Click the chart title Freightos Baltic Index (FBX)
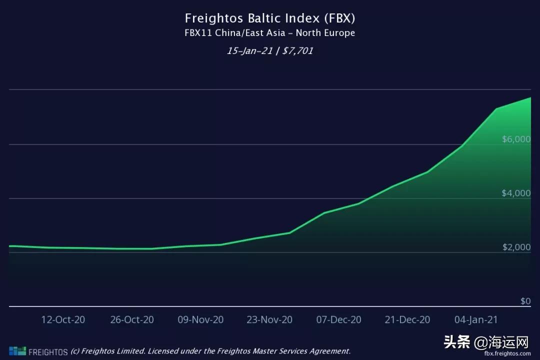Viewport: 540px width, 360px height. (270, 18)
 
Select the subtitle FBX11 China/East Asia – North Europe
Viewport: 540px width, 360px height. (270, 33)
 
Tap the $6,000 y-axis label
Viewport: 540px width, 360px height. (516, 139)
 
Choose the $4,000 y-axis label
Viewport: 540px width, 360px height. (516, 193)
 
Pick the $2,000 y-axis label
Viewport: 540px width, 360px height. (516, 247)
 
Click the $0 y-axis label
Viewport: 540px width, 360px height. (525, 301)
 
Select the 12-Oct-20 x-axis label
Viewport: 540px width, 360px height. (63, 319)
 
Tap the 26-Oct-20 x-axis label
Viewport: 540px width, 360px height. (132, 319)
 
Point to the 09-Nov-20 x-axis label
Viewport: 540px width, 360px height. (200, 319)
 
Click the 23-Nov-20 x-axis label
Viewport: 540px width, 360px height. (269, 319)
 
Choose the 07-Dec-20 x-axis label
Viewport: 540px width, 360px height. (338, 319)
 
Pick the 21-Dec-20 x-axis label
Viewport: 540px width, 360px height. (407, 319)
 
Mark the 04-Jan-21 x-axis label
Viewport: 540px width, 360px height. (475, 319)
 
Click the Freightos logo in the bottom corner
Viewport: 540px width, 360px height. (38, 351)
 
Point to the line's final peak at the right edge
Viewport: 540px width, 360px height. (530, 98)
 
